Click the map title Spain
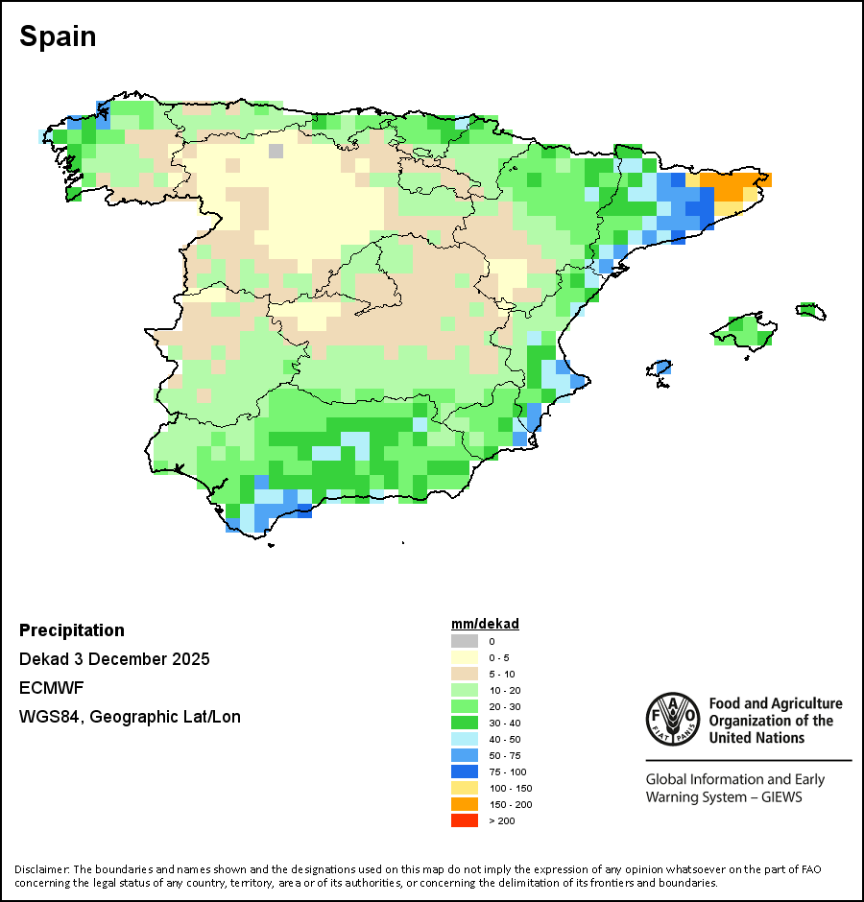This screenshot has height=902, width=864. point(58,37)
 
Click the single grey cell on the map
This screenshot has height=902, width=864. point(276,151)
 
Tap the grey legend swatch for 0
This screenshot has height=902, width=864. point(465,641)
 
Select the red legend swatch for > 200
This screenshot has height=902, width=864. point(465,820)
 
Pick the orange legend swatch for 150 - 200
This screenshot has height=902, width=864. point(465,804)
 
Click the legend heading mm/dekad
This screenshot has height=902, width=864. point(485,624)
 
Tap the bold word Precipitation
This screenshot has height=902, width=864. point(72,630)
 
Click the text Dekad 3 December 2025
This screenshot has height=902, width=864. point(114,659)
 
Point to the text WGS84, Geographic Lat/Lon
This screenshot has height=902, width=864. point(130,717)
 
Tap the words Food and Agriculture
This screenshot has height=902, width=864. point(776,704)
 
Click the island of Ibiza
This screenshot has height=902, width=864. point(660,368)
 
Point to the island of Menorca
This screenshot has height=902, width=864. point(811,310)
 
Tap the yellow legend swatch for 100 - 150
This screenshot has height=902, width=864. point(465,788)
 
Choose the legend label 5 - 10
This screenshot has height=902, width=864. point(500,674)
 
